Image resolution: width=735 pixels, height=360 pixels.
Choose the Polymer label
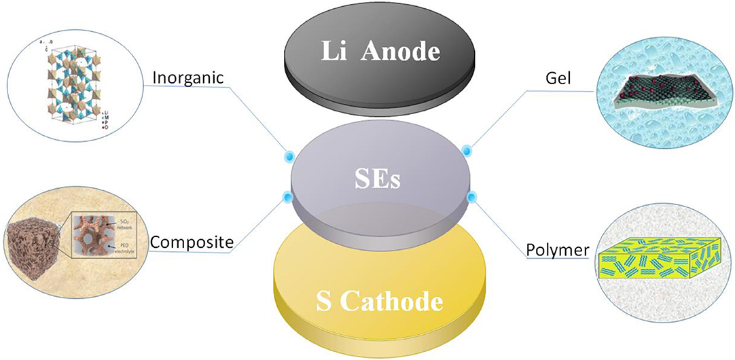(x=557, y=251)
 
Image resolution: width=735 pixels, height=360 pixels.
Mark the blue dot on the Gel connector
(x=467, y=149)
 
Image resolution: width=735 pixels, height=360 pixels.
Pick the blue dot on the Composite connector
(x=287, y=198)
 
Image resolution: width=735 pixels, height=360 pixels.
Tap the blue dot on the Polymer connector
(x=470, y=197)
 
